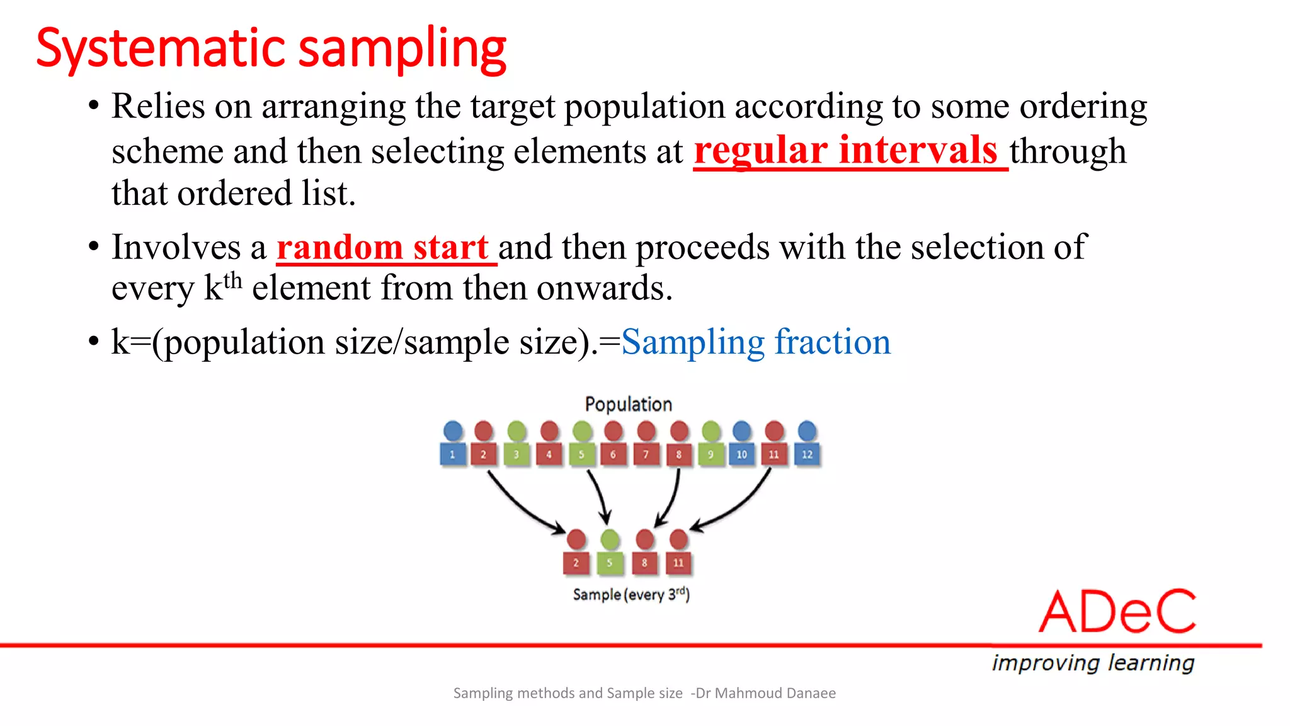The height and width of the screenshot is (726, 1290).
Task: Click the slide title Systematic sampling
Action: pyautogui.click(x=271, y=49)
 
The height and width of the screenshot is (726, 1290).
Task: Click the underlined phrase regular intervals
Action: pyautogui.click(x=845, y=151)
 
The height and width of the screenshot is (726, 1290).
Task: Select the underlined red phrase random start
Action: pyautogui.click(x=382, y=247)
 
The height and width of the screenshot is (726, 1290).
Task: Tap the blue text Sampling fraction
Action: pyautogui.click(x=756, y=342)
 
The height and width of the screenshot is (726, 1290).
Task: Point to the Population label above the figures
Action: pyautogui.click(x=628, y=404)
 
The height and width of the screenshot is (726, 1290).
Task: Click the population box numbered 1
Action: pyautogui.click(x=452, y=454)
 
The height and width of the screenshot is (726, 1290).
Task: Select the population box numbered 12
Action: pyautogui.click(x=807, y=454)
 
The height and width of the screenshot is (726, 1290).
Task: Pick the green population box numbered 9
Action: pyautogui.click(x=711, y=454)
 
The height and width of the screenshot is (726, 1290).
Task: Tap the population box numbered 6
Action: pyautogui.click(x=613, y=454)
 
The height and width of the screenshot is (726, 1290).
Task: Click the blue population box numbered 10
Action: pyautogui.click(x=742, y=454)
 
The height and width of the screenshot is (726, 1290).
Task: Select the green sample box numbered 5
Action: pyautogui.click(x=609, y=563)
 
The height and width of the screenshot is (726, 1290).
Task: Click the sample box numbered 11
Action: pyautogui.click(x=678, y=563)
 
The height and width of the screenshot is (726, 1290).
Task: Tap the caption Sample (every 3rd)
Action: pyautogui.click(x=631, y=594)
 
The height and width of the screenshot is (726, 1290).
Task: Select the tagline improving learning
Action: pyautogui.click(x=1093, y=663)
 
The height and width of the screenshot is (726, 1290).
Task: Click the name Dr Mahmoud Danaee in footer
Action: pyautogui.click(x=765, y=693)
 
